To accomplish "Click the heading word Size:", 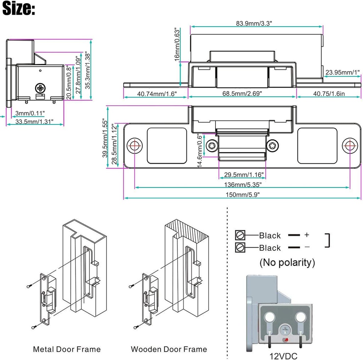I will coord(18,9).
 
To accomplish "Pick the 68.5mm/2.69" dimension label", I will coord(242,94).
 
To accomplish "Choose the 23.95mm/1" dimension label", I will coord(342,73).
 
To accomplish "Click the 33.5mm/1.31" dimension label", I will coord(34,121).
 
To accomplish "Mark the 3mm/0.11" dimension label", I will coord(30,113).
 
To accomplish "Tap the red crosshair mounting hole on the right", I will coord(350,145).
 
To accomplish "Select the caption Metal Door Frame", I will coord(67,349).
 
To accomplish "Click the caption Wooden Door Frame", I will coord(169,349).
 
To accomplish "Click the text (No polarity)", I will coord(287,262).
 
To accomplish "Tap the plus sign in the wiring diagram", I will coord(307,235).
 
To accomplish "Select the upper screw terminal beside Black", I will coord(240,235).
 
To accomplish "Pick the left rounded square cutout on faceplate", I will coord(167,145).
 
